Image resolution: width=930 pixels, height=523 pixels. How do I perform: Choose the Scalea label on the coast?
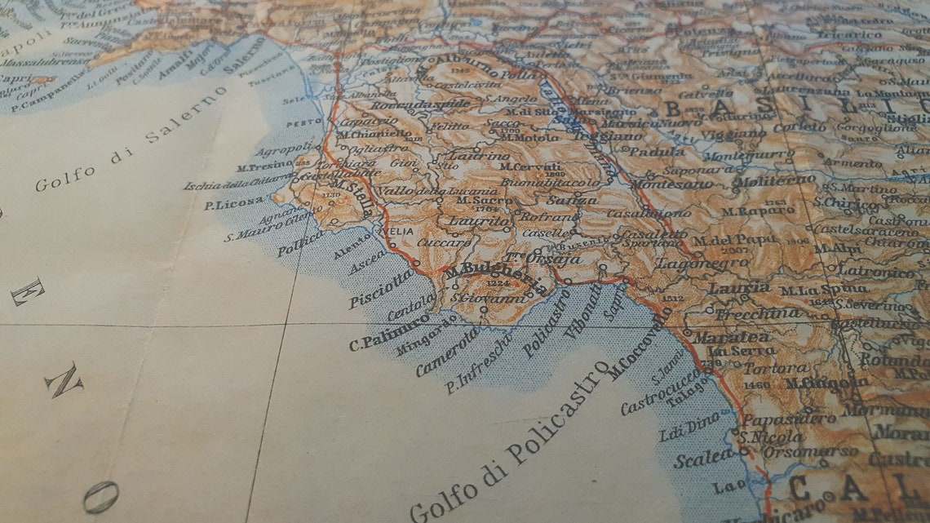[x=702, y=458]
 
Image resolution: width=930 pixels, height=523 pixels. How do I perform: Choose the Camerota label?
[x=448, y=352]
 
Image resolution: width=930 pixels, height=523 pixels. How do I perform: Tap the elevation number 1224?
[x=497, y=283]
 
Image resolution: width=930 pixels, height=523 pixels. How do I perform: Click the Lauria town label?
[x=739, y=288]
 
